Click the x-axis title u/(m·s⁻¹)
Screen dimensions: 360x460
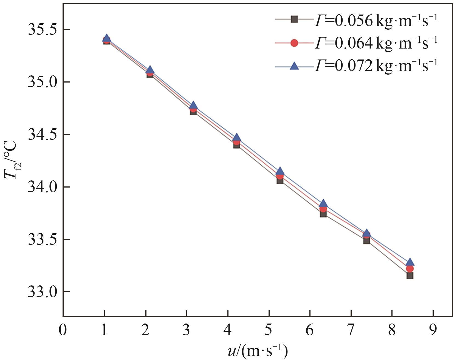pos(258,351)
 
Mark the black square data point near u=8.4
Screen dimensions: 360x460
pos(410,275)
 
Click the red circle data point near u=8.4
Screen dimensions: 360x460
pos(410,268)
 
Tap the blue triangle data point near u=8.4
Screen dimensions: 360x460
pos(410,262)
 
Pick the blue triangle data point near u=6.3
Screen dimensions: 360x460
pos(323,203)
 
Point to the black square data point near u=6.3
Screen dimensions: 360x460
pos(323,214)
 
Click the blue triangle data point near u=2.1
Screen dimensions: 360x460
pos(150,70)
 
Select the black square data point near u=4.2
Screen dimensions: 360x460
pos(237,145)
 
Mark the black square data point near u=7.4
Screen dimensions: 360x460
pos(366,241)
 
